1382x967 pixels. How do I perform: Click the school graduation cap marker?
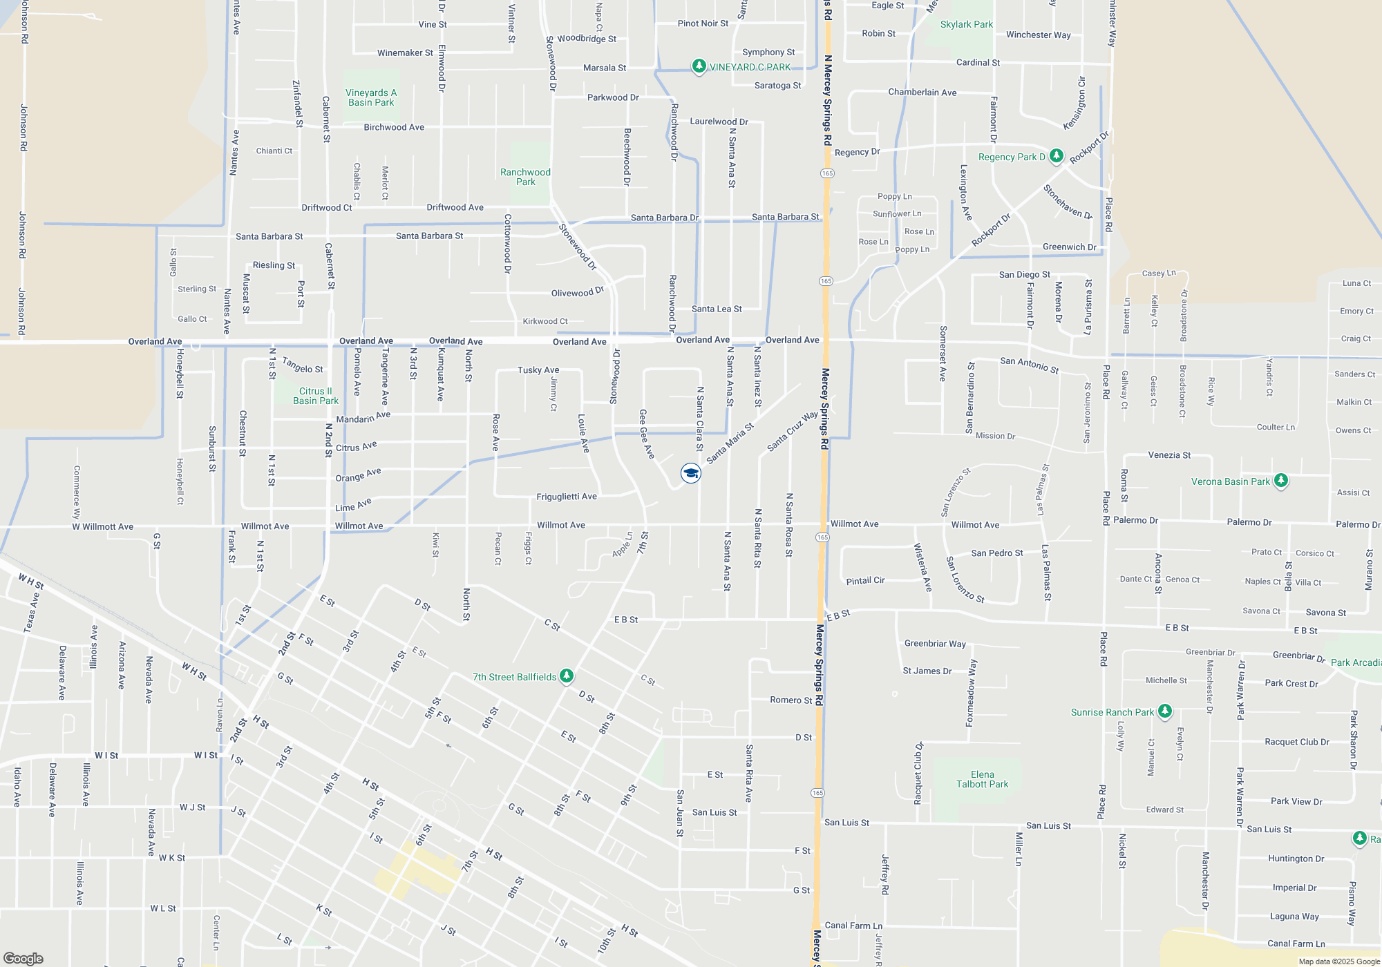pyautogui.click(x=690, y=473)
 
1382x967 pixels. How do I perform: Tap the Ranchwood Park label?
pyautogui.click(x=525, y=177)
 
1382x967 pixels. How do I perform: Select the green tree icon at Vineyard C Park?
pyautogui.click(x=699, y=66)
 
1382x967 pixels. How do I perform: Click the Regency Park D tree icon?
pyautogui.click(x=1056, y=156)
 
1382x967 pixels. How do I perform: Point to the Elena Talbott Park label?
pyautogui.click(x=982, y=779)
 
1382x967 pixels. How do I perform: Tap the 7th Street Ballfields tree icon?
pyautogui.click(x=567, y=676)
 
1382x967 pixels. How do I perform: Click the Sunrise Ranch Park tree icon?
pyautogui.click(x=1165, y=711)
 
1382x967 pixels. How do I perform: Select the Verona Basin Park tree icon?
pyautogui.click(x=1280, y=481)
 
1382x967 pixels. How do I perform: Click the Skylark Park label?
pyautogui.click(x=966, y=24)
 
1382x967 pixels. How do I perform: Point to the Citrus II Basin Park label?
pyautogui.click(x=316, y=396)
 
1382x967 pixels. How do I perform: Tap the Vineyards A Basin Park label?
pyautogui.click(x=371, y=97)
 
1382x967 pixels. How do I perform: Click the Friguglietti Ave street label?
pyautogui.click(x=567, y=497)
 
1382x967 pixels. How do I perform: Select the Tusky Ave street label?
pyautogui.click(x=538, y=370)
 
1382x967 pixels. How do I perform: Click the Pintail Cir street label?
pyautogui.click(x=865, y=581)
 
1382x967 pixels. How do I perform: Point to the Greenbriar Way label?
pyautogui.click(x=935, y=644)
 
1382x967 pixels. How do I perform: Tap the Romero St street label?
pyautogui.click(x=791, y=700)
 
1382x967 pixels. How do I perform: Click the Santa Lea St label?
pyautogui.click(x=717, y=309)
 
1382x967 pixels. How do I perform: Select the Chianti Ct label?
pyautogui.click(x=274, y=151)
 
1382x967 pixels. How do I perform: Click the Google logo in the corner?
pyautogui.click(x=23, y=958)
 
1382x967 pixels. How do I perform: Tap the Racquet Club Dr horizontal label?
pyautogui.click(x=1296, y=742)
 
